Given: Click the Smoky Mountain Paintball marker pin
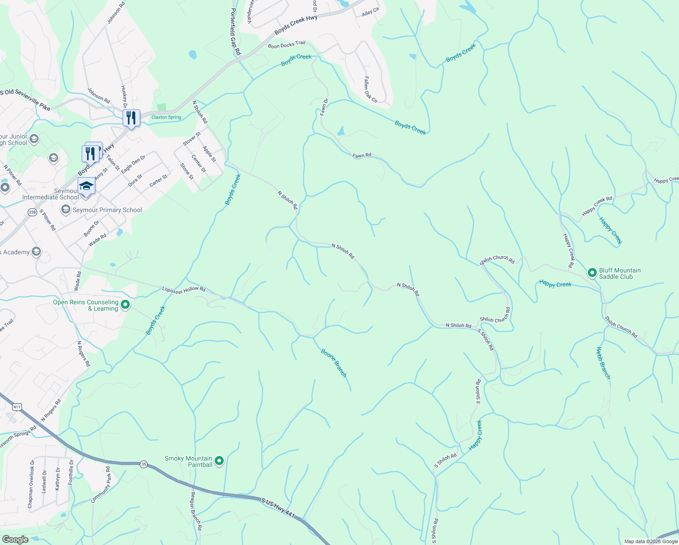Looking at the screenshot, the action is (x=219, y=461).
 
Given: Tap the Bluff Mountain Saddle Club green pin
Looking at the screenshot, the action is (x=592, y=273).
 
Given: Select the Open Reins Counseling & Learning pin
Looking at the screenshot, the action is (x=126, y=305).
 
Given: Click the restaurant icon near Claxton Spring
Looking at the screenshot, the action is (x=131, y=118).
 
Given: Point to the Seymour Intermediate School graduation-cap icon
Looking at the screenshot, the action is (x=86, y=186).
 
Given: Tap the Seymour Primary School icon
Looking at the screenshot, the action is (x=66, y=209).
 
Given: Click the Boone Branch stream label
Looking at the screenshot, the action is (x=334, y=363).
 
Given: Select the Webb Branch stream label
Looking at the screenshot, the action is (x=603, y=363).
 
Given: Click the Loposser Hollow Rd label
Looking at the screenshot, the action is (x=184, y=290).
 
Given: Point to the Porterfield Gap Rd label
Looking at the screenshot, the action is (x=235, y=32).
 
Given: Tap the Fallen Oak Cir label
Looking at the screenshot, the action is (x=370, y=89).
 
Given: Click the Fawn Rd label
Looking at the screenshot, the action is (x=362, y=155).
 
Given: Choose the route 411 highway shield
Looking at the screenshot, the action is (x=17, y=406).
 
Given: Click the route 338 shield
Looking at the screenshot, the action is (x=32, y=212).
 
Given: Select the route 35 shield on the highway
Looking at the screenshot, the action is (x=144, y=464).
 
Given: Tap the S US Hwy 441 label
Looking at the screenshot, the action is (x=278, y=508).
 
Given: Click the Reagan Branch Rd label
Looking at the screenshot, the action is (x=196, y=511).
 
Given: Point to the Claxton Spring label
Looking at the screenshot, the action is (x=166, y=117).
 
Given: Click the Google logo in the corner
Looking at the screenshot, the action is (x=15, y=540).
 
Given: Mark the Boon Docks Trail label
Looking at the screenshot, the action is (x=286, y=45).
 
